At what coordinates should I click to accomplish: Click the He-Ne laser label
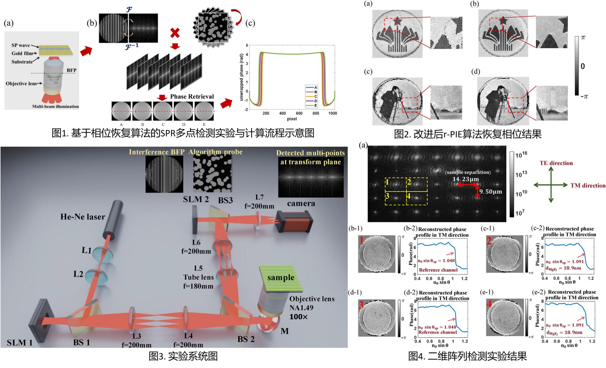click(x=83, y=217)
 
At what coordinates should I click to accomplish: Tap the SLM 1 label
click(x=20, y=343)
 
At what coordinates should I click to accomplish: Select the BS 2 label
click(x=246, y=339)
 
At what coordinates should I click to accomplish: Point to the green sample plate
click(x=281, y=278)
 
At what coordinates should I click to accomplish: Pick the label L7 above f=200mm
click(x=259, y=197)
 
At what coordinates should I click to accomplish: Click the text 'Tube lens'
click(x=198, y=277)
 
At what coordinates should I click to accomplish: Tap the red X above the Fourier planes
click(x=175, y=33)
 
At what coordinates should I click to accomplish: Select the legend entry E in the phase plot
click(x=315, y=105)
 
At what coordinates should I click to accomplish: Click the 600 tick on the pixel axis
click(x=299, y=113)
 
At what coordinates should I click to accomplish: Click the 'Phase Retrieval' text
click(x=192, y=97)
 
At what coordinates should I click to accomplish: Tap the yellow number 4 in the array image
click(x=408, y=196)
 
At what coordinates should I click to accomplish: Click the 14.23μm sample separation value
click(x=465, y=179)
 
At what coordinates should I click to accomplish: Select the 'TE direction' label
click(x=556, y=163)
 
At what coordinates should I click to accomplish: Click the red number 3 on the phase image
click(x=361, y=304)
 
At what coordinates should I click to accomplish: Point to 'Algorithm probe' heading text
click(x=215, y=152)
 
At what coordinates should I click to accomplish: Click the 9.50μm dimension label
click(x=491, y=192)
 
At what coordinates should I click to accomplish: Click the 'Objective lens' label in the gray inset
click(x=22, y=83)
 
